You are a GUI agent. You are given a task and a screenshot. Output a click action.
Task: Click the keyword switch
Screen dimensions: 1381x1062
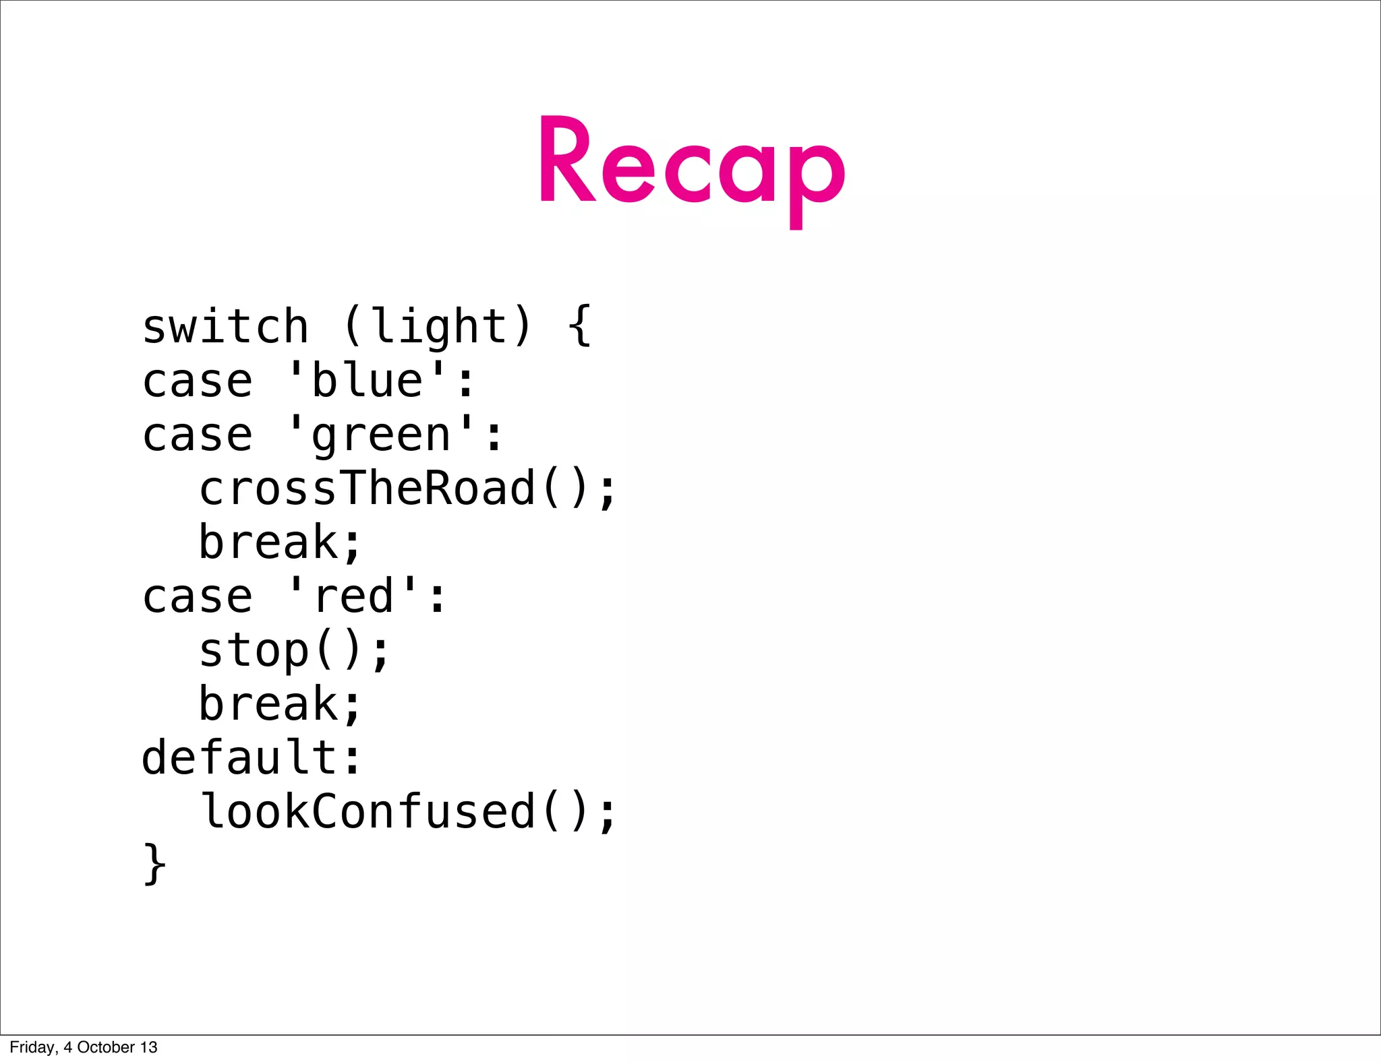[225, 327]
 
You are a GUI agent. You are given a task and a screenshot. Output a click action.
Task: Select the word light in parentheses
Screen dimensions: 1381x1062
[438, 326]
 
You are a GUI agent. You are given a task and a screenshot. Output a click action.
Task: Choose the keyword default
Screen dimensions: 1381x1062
[239, 758]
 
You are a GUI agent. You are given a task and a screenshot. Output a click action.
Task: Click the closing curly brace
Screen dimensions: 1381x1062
[154, 865]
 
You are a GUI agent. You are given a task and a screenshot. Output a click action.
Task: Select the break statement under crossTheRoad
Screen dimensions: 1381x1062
[280, 543]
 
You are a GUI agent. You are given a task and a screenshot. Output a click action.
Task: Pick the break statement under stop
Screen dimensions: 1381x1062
[280, 705]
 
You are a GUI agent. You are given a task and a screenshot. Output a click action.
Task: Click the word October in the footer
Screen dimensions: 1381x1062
[106, 1047]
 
